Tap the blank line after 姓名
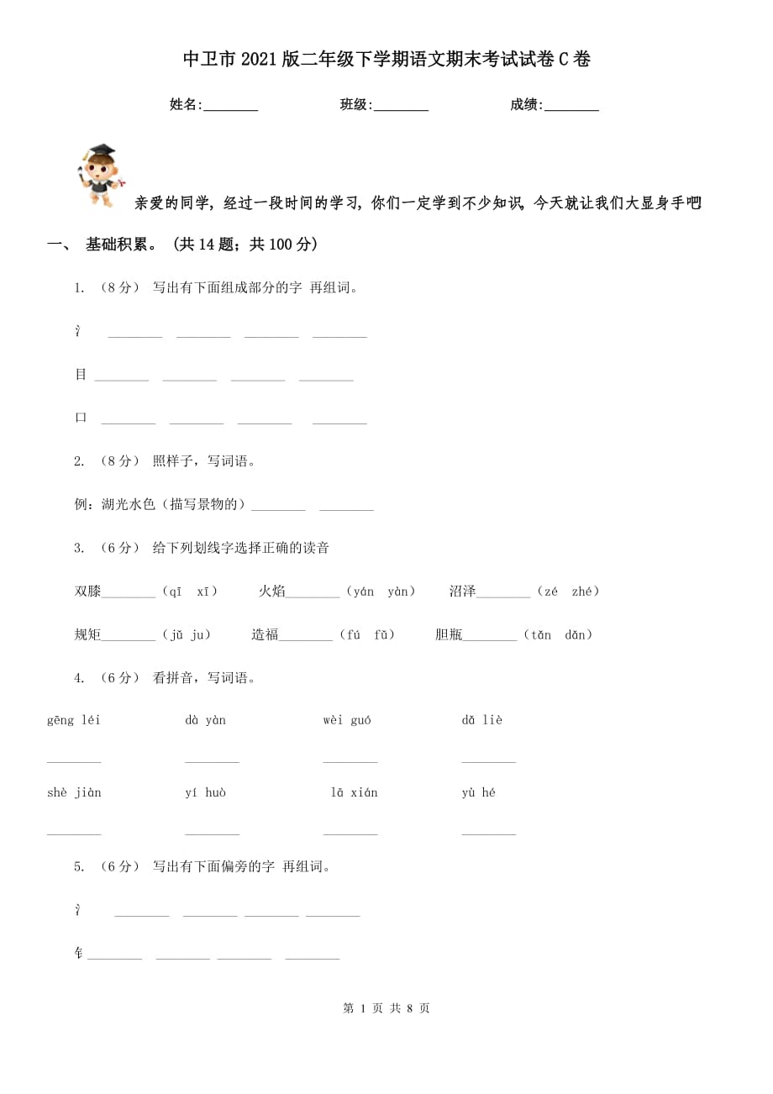[x=231, y=107]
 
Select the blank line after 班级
[x=401, y=107]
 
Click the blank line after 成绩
[x=571, y=107]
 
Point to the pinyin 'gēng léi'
[x=74, y=720]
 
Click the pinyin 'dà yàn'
[x=205, y=720]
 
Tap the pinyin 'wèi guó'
[x=347, y=720]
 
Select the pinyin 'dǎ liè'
[x=481, y=720]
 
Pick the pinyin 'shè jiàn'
[x=74, y=792]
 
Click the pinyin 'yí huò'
[x=205, y=792]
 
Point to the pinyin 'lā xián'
[x=354, y=792]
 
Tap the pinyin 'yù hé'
[x=478, y=792]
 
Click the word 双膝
[x=87, y=592]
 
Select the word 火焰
[x=271, y=592]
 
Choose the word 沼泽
[x=462, y=592]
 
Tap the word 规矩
[x=87, y=634]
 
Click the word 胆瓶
[x=449, y=634]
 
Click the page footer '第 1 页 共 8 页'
[x=386, y=1007]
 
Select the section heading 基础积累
[x=121, y=245]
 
